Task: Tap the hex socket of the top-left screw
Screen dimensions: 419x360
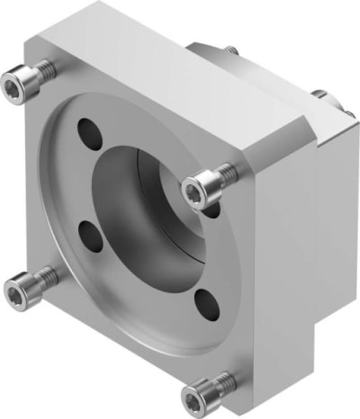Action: tap(12, 85)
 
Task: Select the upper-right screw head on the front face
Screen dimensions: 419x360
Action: tap(195, 190)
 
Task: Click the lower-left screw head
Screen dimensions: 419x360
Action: tap(17, 289)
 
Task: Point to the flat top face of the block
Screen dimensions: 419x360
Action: tap(171, 76)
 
